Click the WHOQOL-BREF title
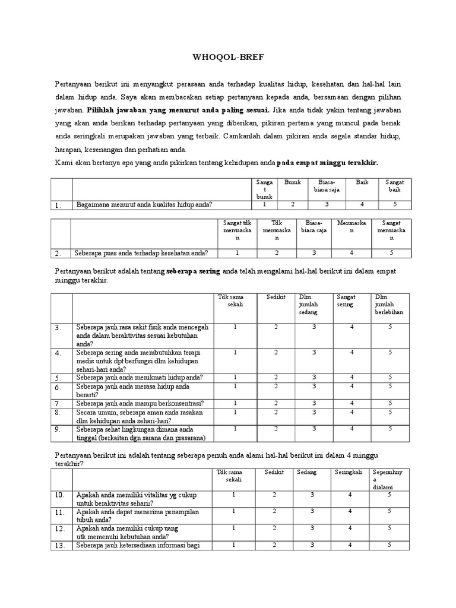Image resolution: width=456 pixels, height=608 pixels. point(228,59)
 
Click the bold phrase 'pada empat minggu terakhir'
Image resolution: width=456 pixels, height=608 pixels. point(328,162)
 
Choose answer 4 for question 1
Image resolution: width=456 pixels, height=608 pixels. point(362,204)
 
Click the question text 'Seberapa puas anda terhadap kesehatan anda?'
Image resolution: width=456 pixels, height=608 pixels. point(141,252)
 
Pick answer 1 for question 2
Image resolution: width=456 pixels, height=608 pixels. point(237,252)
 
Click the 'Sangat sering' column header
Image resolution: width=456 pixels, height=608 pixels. point(347,300)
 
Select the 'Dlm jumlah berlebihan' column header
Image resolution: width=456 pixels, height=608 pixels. point(389,304)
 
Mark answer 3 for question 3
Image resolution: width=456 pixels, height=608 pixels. point(314,327)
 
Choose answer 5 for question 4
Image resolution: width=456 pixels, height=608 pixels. point(390,352)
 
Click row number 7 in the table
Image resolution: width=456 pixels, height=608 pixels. point(58,403)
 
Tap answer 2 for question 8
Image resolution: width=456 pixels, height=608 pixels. point(275,411)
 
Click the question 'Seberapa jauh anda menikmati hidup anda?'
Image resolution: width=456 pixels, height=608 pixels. point(139,378)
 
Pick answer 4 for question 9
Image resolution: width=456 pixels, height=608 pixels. point(352,429)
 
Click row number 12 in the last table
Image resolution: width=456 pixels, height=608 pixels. point(59,529)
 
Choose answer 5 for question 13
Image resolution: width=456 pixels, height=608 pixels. point(389,544)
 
